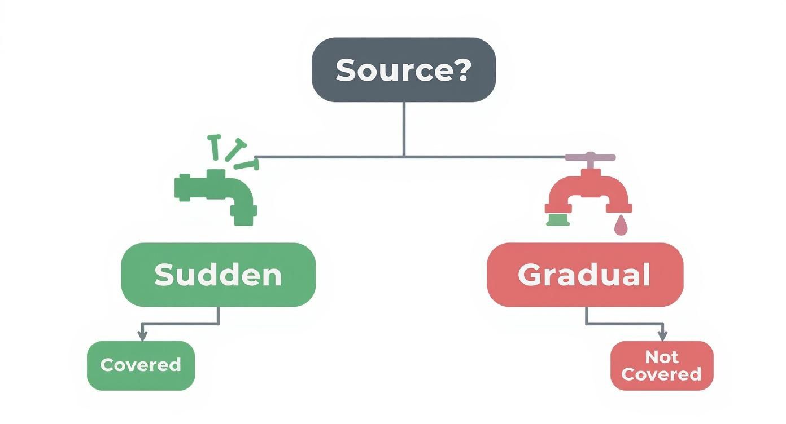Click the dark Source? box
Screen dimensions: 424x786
pos(403,70)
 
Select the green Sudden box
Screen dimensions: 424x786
pos(218,275)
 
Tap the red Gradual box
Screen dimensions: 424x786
pos(584,275)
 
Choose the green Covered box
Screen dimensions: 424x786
pos(141,365)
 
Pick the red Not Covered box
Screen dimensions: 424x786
pos(661,365)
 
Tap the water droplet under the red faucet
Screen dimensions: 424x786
pos(621,226)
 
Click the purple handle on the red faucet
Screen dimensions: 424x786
pos(590,157)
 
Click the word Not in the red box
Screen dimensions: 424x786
pos(661,356)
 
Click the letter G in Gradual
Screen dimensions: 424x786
pos(529,275)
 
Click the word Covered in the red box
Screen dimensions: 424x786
pos(661,374)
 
